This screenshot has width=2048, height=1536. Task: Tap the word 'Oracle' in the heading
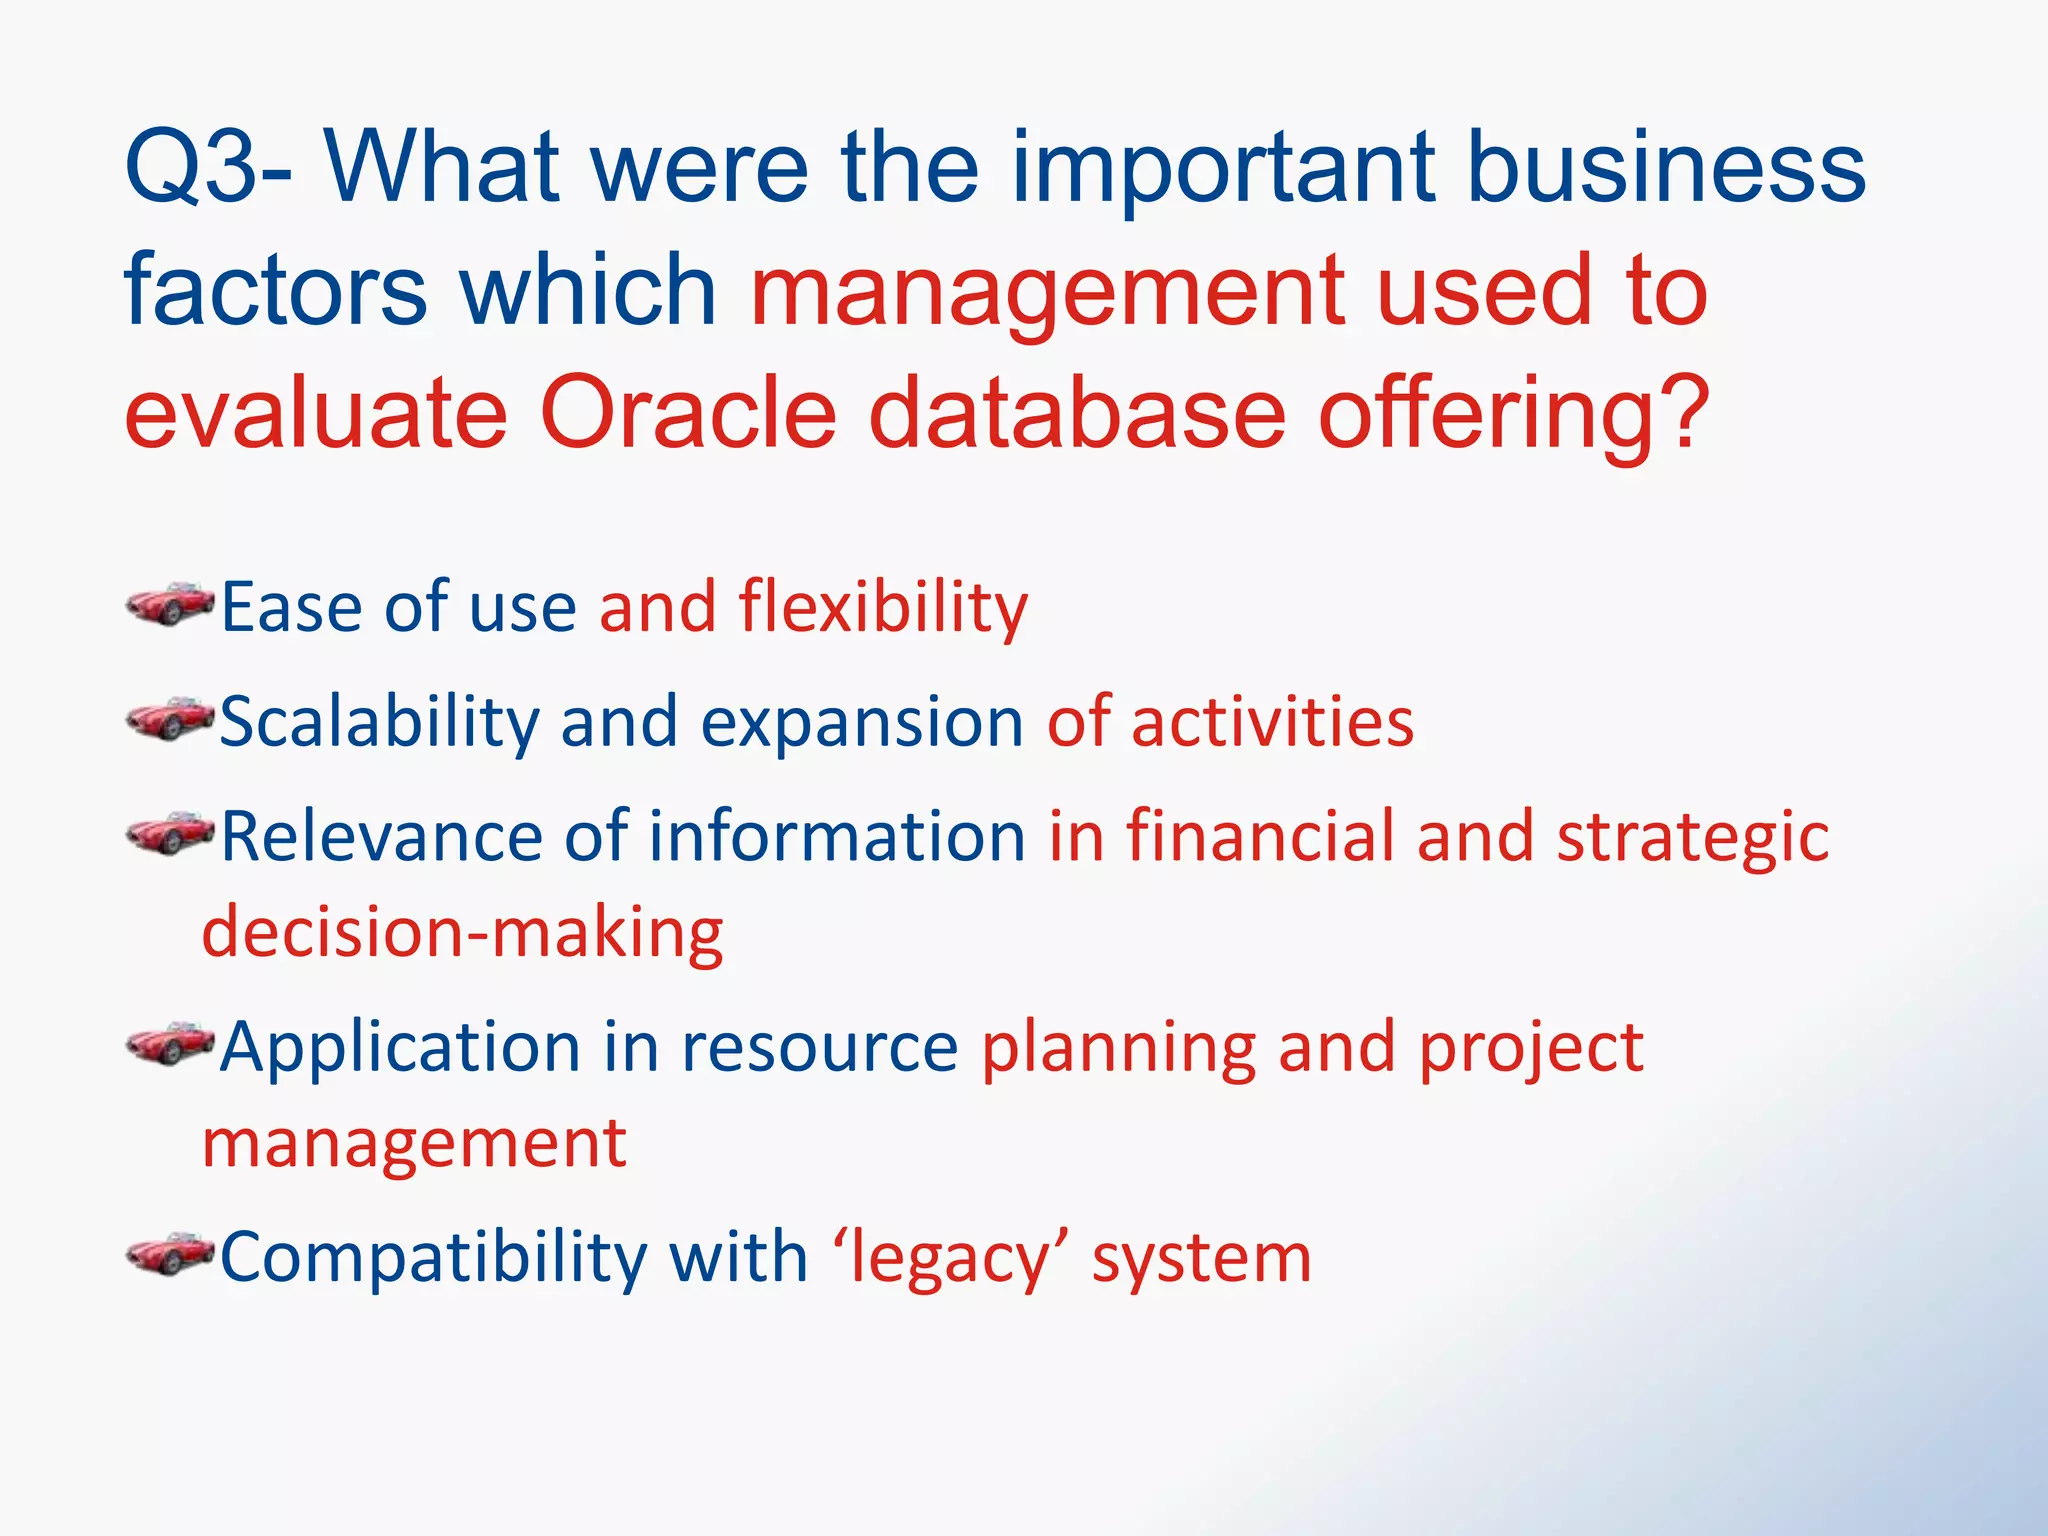pos(688,413)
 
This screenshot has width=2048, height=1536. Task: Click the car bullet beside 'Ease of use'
pos(170,604)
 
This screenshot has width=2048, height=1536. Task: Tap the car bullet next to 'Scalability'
pos(170,719)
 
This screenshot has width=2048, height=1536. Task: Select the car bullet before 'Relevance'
pos(170,833)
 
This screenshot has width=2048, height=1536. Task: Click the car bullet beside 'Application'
pos(170,1045)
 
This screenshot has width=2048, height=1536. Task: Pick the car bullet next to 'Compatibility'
pos(170,1255)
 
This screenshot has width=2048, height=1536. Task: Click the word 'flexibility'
pos(883,607)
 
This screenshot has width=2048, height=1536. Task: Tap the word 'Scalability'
pos(379,722)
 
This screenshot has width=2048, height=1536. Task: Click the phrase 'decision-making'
pos(462,933)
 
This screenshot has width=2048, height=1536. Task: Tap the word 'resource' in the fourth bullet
pos(820,1047)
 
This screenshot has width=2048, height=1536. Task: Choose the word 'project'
pos(1531,1049)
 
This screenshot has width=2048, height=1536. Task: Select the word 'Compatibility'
pos(433,1257)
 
